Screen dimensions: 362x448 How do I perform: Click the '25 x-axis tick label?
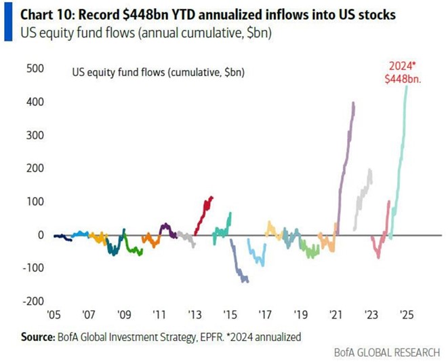[406, 315]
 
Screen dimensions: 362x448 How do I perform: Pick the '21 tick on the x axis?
[335, 315]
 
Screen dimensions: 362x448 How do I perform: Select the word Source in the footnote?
[30, 336]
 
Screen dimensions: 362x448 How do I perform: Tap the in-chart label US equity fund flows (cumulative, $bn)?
[157, 71]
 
